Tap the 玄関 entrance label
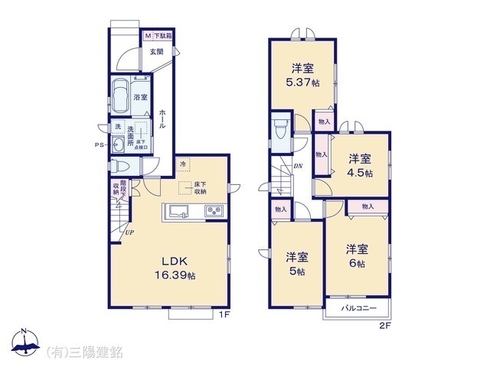click(156, 51)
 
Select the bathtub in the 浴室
click(120, 98)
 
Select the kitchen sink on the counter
click(179, 211)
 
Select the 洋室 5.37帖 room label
click(302, 74)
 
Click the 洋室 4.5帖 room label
click(359, 166)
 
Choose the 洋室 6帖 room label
click(356, 255)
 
